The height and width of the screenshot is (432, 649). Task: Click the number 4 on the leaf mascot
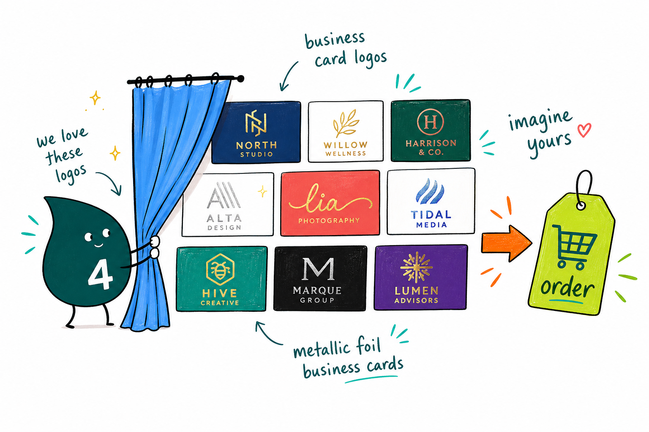100,275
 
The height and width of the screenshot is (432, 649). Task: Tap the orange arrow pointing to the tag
507,243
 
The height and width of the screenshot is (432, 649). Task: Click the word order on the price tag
567,287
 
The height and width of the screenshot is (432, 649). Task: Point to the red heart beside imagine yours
584,130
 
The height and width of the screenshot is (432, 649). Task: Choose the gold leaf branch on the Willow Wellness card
346,123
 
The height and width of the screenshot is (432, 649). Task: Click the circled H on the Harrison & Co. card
431,122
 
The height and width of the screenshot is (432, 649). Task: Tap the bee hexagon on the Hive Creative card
220,270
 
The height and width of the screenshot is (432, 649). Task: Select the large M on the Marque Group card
318,269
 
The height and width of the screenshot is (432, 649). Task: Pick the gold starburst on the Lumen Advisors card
416,267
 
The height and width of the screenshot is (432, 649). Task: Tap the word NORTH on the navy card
256,145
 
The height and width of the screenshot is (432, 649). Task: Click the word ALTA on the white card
224,218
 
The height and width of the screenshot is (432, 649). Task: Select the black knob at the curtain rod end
240,78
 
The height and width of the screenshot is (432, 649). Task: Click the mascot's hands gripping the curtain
154,247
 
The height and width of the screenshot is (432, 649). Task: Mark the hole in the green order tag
581,206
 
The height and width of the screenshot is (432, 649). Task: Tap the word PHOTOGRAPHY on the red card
329,221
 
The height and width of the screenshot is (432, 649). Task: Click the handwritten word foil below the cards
368,346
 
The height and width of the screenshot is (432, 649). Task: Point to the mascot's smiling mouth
98,245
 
